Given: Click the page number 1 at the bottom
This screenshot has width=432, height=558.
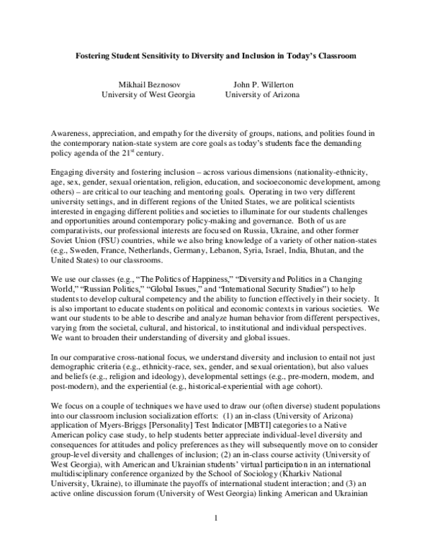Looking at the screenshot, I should pos(215,536).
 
